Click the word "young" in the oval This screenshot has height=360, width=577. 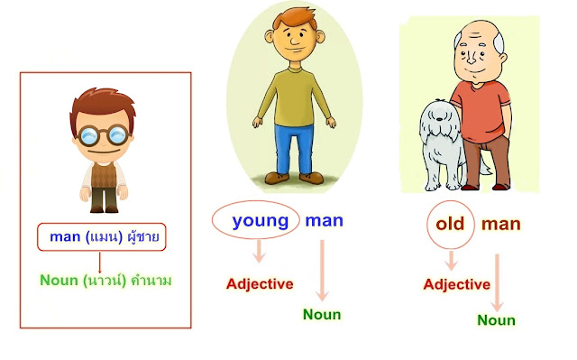coord(261,220)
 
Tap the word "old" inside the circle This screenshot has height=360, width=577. coord(449,224)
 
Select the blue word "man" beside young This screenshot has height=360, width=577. coord(324,220)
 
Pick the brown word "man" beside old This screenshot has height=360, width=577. coord(501,224)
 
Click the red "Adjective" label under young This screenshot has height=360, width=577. coord(260,283)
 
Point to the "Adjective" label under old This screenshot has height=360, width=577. coord(456,284)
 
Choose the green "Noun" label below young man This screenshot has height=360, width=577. coord(321,315)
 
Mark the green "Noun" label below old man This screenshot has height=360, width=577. coord(496,320)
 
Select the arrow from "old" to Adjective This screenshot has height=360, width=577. coord(451,258)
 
